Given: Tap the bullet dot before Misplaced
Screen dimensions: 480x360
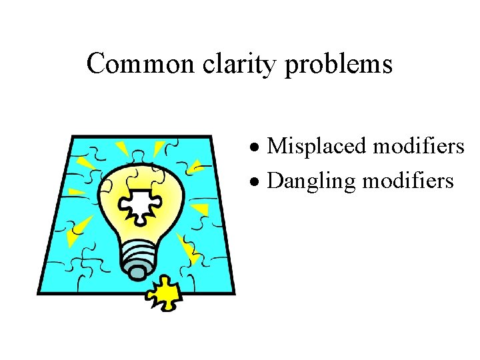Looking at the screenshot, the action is [256, 147].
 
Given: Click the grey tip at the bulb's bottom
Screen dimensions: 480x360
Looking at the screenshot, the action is [138, 272].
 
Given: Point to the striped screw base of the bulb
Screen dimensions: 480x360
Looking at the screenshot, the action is [139, 254].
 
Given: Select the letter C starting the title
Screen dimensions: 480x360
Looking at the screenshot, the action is [95, 65].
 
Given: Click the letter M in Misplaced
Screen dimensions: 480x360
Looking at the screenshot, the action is [275, 146].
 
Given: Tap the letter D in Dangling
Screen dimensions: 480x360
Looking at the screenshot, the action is [274, 181].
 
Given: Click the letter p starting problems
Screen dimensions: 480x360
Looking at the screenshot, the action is [291, 67].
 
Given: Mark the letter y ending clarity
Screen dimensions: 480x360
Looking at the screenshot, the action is [273, 68].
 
